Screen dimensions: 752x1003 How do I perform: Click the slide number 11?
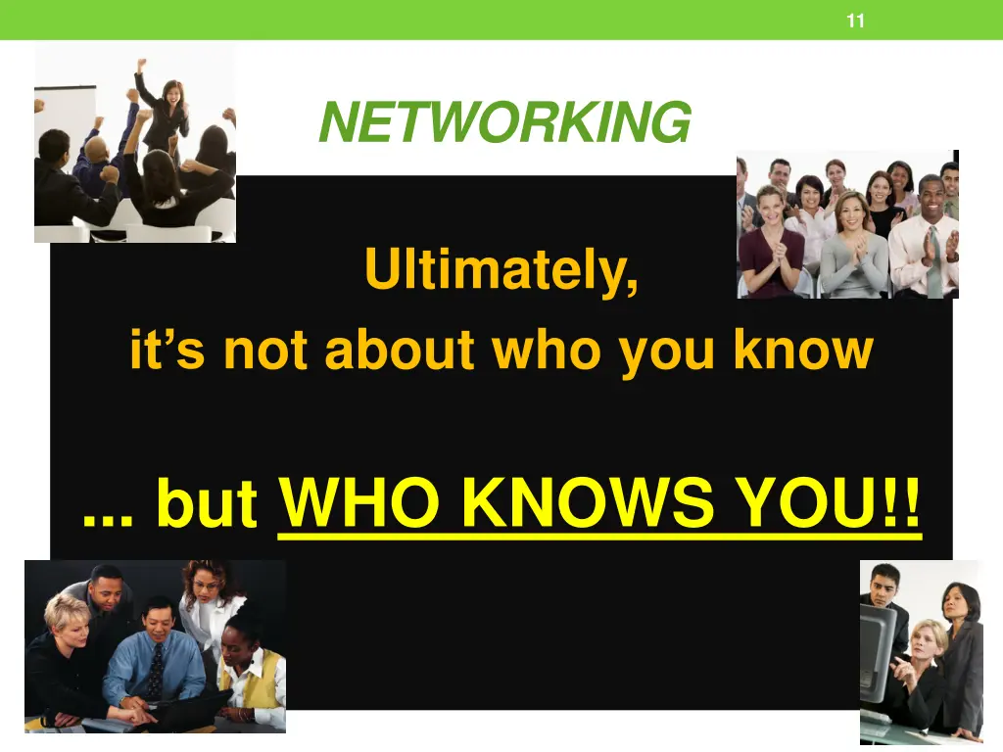click(855, 21)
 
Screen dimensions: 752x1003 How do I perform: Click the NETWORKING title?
click(504, 122)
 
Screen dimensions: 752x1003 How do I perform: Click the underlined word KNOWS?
click(590, 504)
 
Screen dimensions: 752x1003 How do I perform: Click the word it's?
click(167, 350)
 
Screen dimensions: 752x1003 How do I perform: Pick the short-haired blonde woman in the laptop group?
click(65, 641)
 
